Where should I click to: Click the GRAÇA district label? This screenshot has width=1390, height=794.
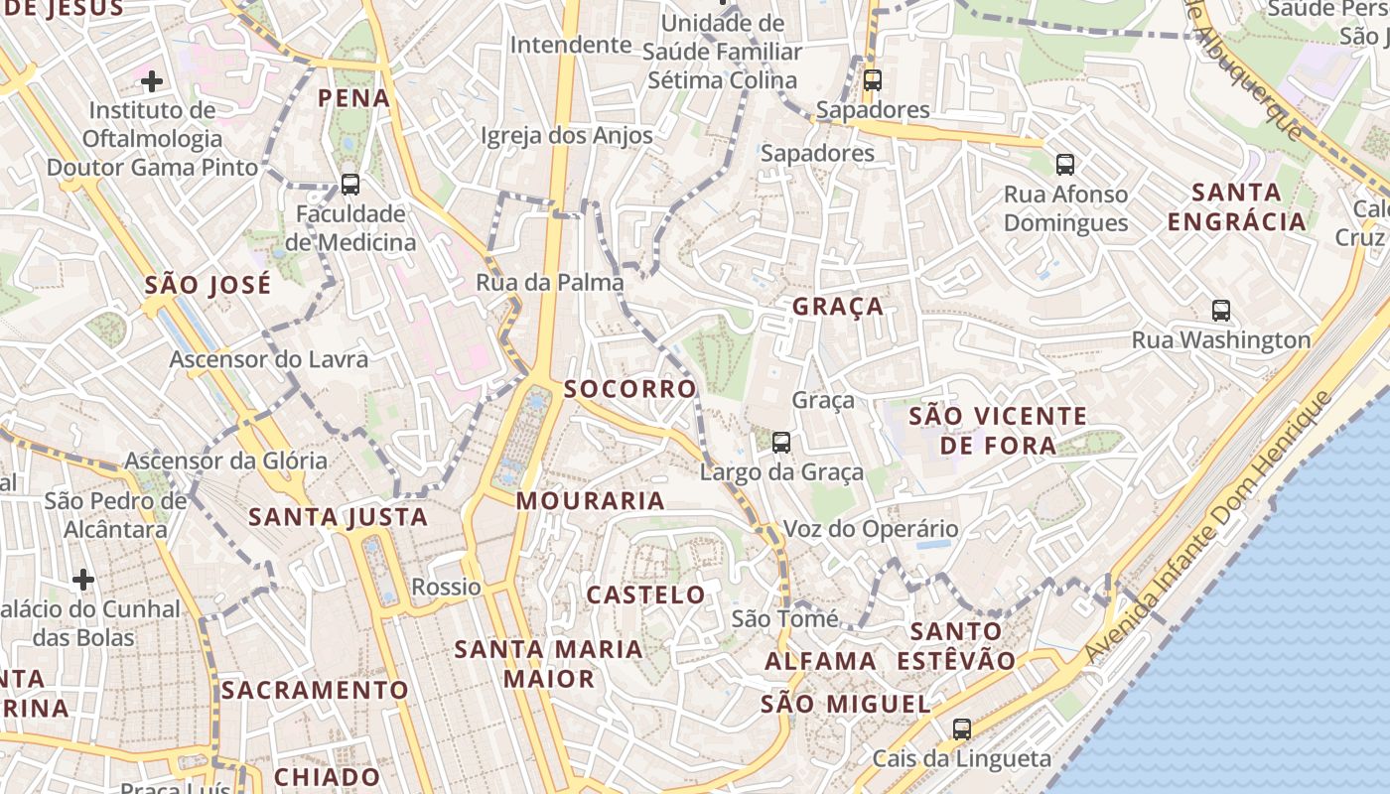[838, 307]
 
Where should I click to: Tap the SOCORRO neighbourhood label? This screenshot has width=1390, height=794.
[630, 389]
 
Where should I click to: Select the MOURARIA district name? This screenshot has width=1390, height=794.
[591, 501]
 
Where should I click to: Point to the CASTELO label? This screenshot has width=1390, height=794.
[646, 595]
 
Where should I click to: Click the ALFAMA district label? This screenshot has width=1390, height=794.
[820, 661]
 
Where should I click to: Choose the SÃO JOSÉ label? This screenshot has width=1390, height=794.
[208, 286]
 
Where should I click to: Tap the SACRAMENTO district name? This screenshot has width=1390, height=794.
[315, 690]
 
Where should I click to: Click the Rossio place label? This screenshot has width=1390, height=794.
[446, 587]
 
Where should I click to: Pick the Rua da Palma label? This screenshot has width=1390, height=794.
[550, 283]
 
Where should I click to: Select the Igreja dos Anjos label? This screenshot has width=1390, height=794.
[567, 136]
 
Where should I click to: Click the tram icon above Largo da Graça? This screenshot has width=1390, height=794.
[781, 443]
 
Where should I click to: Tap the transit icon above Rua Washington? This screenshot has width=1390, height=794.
[1221, 311]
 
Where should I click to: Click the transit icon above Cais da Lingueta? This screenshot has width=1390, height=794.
[961, 729]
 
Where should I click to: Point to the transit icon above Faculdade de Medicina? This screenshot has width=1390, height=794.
[349, 184]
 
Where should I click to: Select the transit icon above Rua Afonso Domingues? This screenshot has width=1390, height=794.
[1065, 165]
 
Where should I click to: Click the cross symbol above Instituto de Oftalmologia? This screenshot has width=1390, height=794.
[151, 80]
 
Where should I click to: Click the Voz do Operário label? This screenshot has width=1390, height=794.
[871, 529]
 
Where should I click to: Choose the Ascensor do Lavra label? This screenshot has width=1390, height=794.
[268, 359]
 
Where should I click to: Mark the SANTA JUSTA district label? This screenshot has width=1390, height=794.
[338, 517]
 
